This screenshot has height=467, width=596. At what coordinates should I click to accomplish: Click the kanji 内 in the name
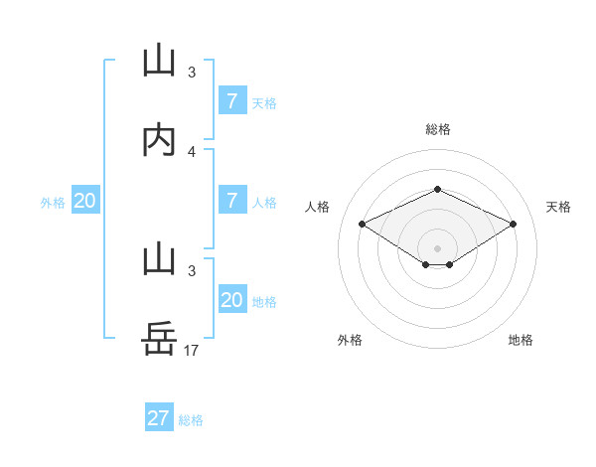point(159,140)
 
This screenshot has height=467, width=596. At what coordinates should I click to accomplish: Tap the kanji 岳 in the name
point(159,339)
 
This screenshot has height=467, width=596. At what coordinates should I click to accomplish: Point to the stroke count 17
point(193,350)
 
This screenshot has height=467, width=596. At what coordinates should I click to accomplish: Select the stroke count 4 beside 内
point(191,152)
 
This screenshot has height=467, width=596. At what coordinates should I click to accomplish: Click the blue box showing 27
point(159,418)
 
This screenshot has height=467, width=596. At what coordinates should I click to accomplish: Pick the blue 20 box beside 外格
point(85,201)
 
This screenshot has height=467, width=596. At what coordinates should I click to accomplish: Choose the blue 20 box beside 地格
point(232,300)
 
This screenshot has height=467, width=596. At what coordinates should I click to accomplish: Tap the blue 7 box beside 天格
point(232,101)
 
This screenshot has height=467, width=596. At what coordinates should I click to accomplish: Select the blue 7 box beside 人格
point(232,201)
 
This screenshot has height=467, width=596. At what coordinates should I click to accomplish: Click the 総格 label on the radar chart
point(437,129)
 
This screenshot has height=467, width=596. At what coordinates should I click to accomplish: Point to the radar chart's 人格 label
point(318,207)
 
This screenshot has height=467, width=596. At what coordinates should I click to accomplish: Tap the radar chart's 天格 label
point(558,207)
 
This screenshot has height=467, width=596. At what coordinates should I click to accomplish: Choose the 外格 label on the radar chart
point(350,340)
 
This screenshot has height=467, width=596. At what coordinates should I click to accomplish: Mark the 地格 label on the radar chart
point(521,340)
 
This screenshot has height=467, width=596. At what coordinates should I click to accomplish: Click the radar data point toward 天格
point(514,224)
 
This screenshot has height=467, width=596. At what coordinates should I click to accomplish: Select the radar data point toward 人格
point(362,224)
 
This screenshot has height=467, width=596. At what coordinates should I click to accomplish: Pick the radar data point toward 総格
point(437,189)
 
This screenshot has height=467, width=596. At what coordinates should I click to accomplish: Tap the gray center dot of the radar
point(437,247)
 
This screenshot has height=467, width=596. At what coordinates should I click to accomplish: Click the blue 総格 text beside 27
point(191,420)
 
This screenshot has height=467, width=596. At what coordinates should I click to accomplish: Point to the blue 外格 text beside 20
point(53,203)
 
